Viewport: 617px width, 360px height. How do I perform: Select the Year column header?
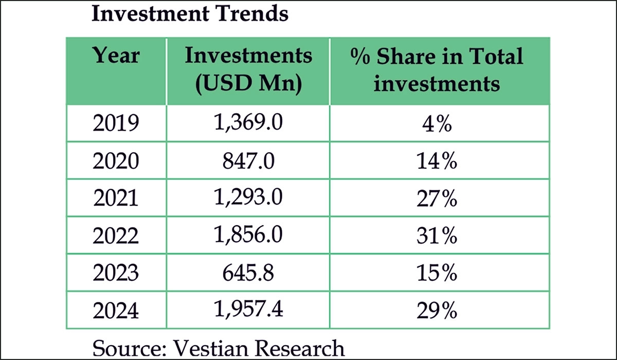(x=116, y=56)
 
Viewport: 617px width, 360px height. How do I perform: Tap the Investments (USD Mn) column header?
(x=248, y=69)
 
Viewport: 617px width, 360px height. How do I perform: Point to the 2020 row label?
(x=116, y=162)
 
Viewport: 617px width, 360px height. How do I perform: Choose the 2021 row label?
(x=116, y=199)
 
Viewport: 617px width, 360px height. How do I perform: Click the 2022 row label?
(x=116, y=236)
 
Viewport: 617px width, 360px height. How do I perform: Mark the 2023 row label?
(x=116, y=273)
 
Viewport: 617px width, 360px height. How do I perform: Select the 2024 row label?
(x=116, y=311)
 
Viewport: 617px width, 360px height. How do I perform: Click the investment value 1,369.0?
(x=248, y=124)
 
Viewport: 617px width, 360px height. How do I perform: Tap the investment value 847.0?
(x=248, y=161)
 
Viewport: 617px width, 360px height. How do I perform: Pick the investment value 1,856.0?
(x=248, y=235)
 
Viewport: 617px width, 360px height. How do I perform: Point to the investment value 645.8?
(x=248, y=273)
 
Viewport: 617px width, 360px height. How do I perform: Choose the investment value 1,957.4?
(x=248, y=310)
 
